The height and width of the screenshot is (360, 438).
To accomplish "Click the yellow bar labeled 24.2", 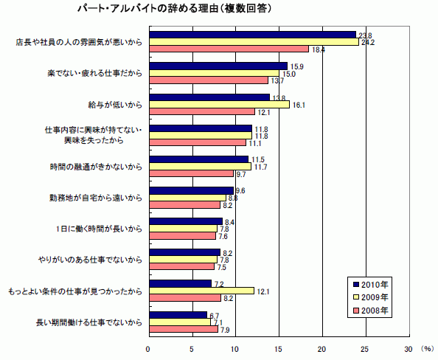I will (x=254, y=41).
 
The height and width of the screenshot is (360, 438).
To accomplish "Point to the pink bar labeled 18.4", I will (x=229, y=49).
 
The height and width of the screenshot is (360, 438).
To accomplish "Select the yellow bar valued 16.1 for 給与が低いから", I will (x=219, y=104).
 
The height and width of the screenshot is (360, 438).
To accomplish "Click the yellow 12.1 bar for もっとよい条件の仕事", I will (x=201, y=290).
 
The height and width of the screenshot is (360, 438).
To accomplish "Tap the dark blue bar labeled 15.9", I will (x=218, y=66).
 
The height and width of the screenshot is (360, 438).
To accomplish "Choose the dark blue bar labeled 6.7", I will (x=178, y=315).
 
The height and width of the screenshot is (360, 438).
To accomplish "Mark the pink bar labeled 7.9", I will (x=183, y=329).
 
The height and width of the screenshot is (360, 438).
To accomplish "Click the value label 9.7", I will (x=240, y=174).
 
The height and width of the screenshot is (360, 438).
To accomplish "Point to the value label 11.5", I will (x=257, y=159).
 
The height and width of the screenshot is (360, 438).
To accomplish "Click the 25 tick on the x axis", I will (x=365, y=349).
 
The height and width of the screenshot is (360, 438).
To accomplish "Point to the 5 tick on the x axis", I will (x=192, y=349).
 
